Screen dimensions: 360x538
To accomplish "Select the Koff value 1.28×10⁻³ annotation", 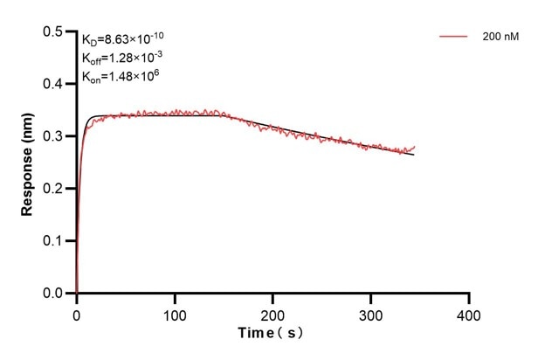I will (x=118, y=58).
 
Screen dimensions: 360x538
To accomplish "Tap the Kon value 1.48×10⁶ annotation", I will (x=116, y=77).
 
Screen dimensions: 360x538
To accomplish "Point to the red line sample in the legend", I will (x=455, y=38).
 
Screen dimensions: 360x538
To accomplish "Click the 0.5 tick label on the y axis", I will (x=54, y=32).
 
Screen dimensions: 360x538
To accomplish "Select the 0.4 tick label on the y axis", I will (x=54, y=85).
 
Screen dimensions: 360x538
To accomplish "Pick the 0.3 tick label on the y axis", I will (x=54, y=137).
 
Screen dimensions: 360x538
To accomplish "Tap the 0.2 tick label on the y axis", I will (x=54, y=189).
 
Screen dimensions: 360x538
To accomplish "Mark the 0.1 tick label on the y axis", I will (x=54, y=241).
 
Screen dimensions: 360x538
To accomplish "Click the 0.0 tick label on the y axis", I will (x=54, y=294).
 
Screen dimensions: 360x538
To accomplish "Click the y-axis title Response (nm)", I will (x=25, y=163).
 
